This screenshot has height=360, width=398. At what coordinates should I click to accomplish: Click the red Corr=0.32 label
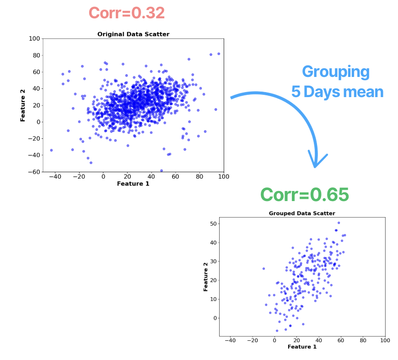point(126,13)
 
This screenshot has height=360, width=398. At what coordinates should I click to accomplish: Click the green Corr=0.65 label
point(304,195)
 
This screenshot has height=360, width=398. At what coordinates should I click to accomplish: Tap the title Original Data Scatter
point(133,34)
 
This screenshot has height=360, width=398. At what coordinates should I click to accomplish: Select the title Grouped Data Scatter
point(302,213)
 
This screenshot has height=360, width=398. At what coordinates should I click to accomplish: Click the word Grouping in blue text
point(336,72)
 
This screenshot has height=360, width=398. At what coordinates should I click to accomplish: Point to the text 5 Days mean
point(337,92)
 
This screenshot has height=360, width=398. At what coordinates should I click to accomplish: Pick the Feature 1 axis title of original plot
point(133,184)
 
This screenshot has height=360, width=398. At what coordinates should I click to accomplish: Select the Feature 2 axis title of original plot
point(23,105)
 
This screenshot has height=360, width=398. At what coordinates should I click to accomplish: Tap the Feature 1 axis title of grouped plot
point(302,347)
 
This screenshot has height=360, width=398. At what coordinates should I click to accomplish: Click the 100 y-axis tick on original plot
point(33,38)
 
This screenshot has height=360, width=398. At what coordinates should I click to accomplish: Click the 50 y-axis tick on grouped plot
point(213,224)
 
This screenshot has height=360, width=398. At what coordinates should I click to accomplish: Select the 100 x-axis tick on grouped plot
point(385,340)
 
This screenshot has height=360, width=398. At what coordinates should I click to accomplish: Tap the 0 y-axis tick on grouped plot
point(214,318)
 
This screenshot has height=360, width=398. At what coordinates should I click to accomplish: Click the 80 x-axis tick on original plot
point(199,176)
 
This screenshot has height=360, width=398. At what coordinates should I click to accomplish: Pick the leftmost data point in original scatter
point(51,150)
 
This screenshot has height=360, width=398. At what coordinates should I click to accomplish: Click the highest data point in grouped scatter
point(339,223)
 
